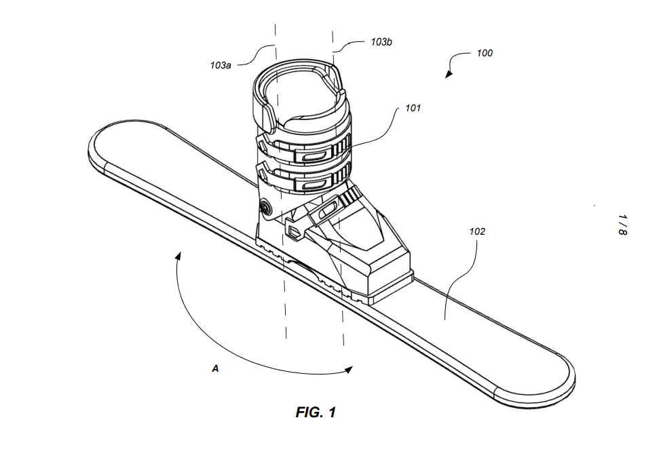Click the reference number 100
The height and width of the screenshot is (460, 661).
point(485,53)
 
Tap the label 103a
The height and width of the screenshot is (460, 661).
point(221,65)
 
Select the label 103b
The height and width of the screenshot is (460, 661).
point(381,42)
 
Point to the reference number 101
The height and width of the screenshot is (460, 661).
point(413,108)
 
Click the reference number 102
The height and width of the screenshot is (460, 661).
point(477,231)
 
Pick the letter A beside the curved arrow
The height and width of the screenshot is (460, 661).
point(215,368)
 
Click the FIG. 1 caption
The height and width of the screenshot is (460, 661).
point(316,412)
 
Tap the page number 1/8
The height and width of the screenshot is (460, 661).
point(622,225)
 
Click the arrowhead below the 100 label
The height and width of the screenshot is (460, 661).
point(449,75)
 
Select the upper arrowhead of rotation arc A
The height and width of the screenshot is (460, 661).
point(178,256)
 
